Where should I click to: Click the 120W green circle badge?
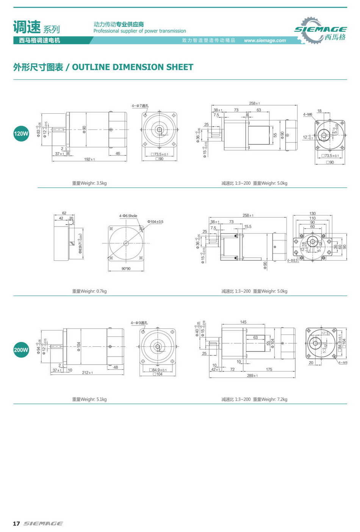coord(21,133)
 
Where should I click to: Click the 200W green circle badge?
coord(21,350)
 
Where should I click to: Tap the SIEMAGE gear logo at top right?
coord(320,31)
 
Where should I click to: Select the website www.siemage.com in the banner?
coord(265,41)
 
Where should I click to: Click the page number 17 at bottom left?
coord(16,523)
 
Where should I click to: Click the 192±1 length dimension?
coord(89,160)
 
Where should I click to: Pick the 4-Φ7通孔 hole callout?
coord(140,106)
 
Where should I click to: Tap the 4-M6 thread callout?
coord(308,114)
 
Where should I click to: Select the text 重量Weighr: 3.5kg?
coord(89,183)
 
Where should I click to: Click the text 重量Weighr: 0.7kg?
coord(89,291)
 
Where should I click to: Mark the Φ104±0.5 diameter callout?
coord(155,222)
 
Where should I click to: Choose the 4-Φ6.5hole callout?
coord(128,216)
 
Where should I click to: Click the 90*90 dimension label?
coord(126,269)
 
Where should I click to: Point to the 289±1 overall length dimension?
coord(252,376)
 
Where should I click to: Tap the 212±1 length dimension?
coord(88,373)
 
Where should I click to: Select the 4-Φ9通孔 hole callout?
coord(139,323)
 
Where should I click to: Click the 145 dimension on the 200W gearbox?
coord(243,322)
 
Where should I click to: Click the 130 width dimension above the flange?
coord(313,214)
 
